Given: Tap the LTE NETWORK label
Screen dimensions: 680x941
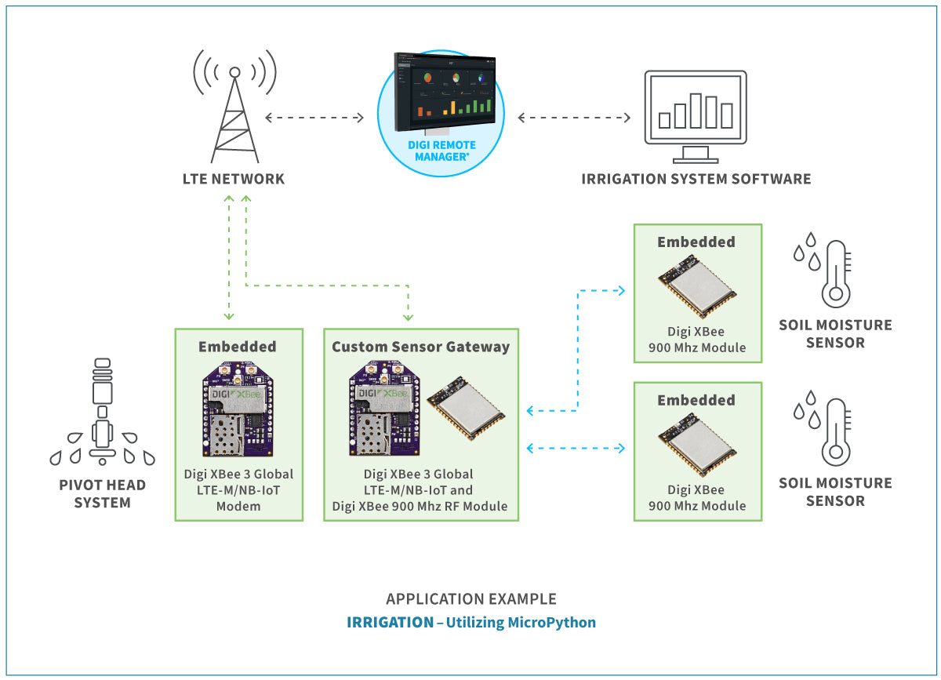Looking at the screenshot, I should point(234,179).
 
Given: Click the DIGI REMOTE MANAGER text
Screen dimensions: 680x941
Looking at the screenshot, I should point(441,151).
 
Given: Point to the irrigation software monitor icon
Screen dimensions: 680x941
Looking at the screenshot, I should point(695,110).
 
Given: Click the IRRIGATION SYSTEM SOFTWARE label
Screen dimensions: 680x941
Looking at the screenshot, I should point(696,179).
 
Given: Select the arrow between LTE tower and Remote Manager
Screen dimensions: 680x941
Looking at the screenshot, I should point(314,118).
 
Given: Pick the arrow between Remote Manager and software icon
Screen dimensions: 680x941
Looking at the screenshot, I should point(574,118).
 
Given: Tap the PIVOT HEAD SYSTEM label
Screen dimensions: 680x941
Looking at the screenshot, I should point(102,493).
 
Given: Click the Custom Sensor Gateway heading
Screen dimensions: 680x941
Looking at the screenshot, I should point(420,347).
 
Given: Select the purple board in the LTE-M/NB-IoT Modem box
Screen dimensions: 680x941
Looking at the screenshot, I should point(238,410).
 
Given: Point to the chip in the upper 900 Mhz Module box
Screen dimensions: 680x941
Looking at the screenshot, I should point(696,287).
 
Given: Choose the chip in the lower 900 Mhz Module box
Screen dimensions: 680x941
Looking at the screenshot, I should point(696,445).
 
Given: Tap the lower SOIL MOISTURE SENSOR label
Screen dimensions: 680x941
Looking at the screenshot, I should point(834,492).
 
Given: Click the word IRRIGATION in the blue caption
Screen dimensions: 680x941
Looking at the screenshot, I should point(390,623).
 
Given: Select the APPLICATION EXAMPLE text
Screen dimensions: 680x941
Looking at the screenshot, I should point(470,599).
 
